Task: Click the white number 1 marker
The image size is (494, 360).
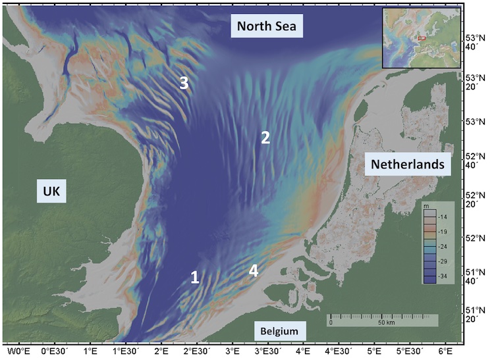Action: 195,277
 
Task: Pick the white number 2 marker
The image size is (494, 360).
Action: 265,138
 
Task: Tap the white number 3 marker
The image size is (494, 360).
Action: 185,83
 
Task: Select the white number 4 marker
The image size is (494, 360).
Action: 253,270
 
